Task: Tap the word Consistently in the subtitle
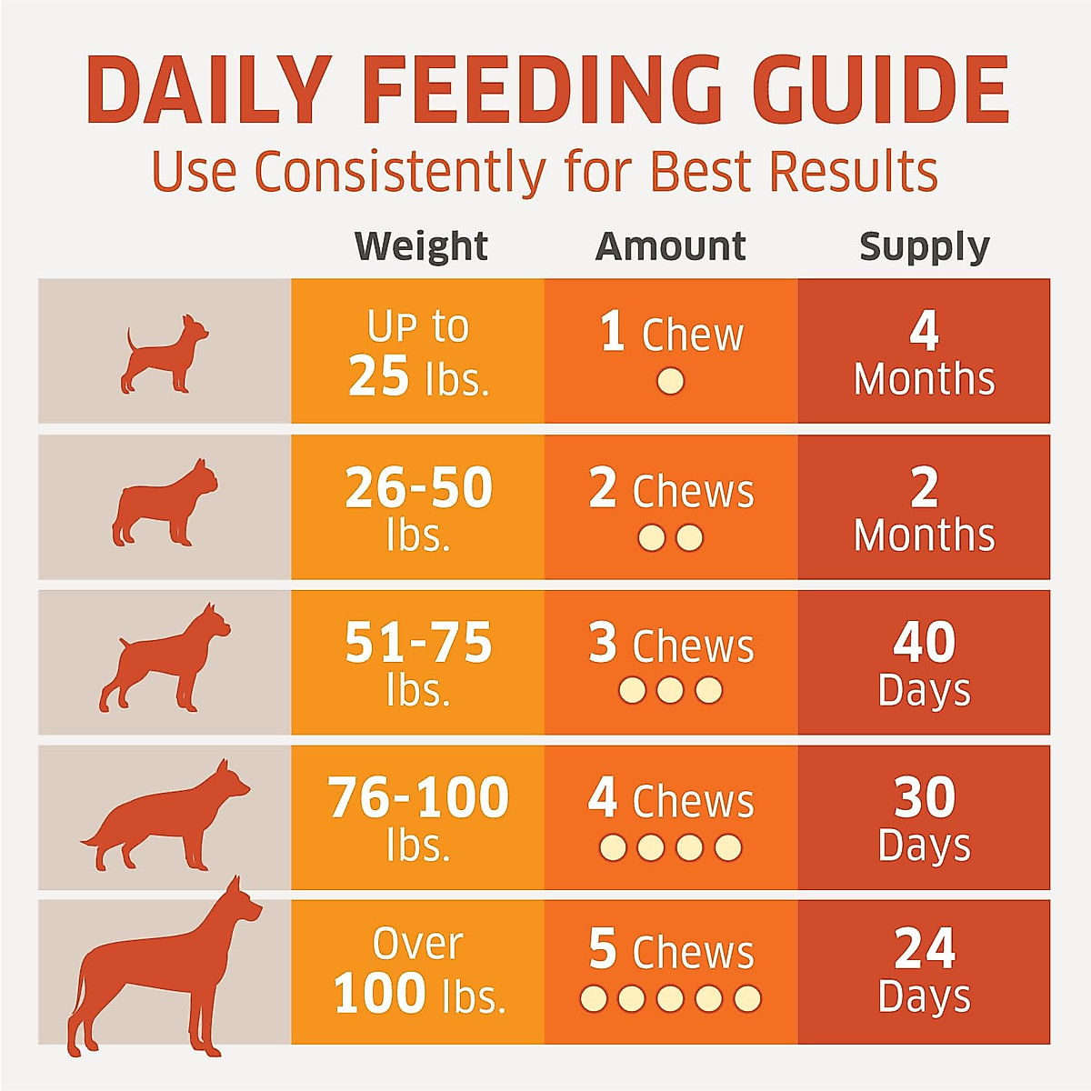click(400, 171)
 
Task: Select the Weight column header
click(421, 246)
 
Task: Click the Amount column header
click(671, 246)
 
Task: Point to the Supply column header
click(924, 246)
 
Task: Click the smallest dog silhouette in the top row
click(165, 355)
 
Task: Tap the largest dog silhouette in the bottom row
click(164, 973)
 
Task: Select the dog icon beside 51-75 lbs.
click(164, 659)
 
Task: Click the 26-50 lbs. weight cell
click(418, 507)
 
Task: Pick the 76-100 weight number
click(418, 798)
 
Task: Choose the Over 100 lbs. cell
click(418, 971)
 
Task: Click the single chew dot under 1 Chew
click(670, 381)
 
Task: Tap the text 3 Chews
click(671, 646)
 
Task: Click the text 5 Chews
click(671, 951)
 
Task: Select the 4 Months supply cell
click(924, 353)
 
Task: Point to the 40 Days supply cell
click(924, 664)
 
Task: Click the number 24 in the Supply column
click(924, 949)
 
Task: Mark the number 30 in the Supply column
click(924, 797)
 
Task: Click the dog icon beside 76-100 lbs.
click(168, 818)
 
